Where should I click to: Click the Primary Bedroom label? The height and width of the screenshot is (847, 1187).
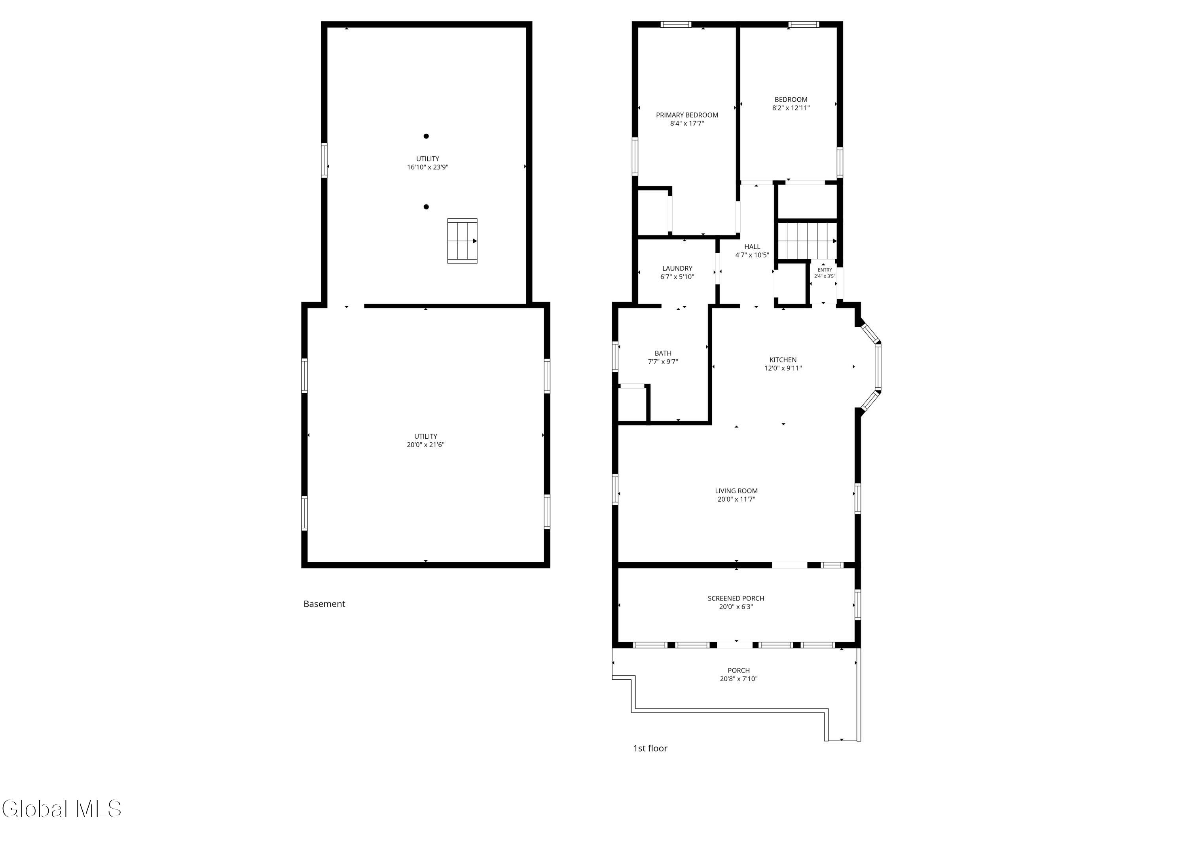[x=687, y=115]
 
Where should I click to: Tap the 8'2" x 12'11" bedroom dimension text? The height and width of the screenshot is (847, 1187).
[x=791, y=108]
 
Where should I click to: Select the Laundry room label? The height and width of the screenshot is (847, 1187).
[x=677, y=269]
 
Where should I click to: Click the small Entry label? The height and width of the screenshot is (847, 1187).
[x=825, y=270]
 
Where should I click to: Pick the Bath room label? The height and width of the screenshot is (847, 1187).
[x=663, y=353]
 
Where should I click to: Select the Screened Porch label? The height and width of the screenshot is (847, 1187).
[x=736, y=598]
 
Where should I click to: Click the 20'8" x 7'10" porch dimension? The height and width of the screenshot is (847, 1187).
[x=738, y=678]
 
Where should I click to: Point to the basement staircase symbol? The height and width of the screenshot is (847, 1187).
[x=462, y=241]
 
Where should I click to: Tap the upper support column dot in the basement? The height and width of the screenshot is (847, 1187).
[x=426, y=136]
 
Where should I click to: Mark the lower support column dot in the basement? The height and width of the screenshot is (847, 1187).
[x=426, y=207]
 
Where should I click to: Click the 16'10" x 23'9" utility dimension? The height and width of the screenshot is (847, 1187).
[x=428, y=167]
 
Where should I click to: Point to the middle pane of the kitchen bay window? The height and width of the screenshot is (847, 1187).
[x=878, y=367]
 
